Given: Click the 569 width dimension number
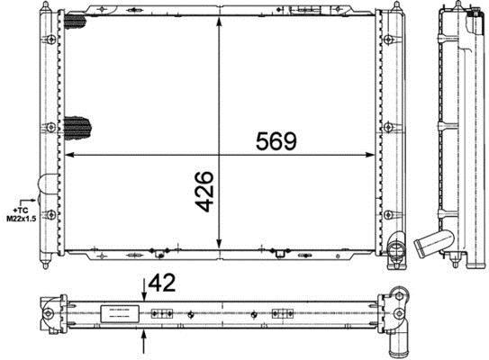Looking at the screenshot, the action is (x=276, y=141).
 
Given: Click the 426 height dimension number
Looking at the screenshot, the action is (x=204, y=192).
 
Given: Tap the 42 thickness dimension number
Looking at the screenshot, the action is (x=162, y=283).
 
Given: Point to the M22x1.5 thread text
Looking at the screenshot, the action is (x=22, y=219).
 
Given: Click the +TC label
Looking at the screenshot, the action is (x=21, y=211).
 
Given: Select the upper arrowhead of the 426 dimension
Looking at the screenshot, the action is (x=219, y=22).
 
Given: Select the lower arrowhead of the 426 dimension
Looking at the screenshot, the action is (x=219, y=244).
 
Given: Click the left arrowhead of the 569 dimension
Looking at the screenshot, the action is (x=69, y=155).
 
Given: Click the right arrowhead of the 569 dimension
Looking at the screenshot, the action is (x=370, y=155).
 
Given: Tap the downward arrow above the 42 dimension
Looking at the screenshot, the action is (x=144, y=291).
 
